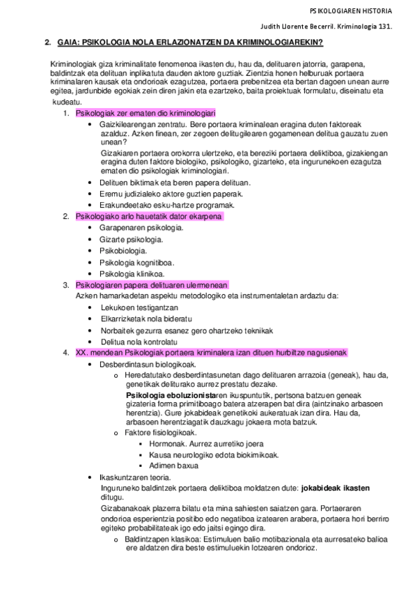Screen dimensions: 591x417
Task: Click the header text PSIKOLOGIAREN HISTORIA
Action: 351,11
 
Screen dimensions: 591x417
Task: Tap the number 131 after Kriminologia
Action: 384,27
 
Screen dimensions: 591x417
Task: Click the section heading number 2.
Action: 47,43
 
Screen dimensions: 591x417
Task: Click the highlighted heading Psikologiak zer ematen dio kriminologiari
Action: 145,113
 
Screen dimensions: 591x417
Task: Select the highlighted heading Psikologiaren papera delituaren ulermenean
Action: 151,284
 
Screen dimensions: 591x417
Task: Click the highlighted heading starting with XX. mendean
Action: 210,353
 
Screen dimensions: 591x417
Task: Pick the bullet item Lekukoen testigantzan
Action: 139,307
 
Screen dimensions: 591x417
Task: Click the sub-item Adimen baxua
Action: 173,466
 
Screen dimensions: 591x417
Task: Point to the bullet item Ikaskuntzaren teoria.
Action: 135,477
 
